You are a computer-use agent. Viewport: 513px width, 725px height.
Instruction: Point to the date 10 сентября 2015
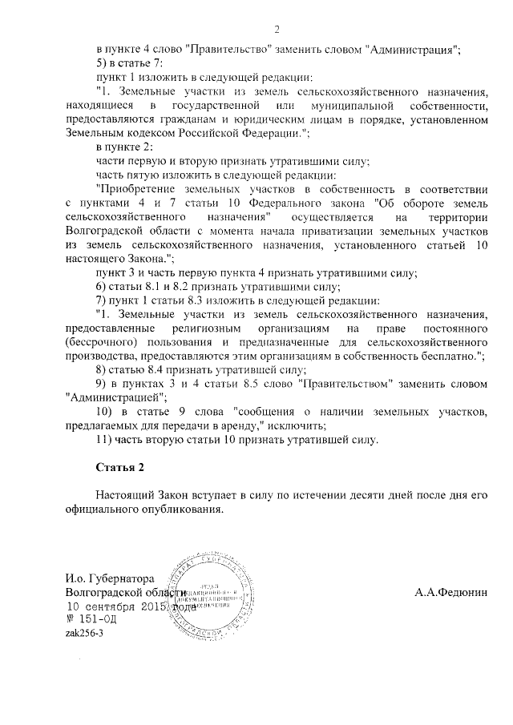115,607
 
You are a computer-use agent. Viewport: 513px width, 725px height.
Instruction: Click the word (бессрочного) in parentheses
102,342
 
